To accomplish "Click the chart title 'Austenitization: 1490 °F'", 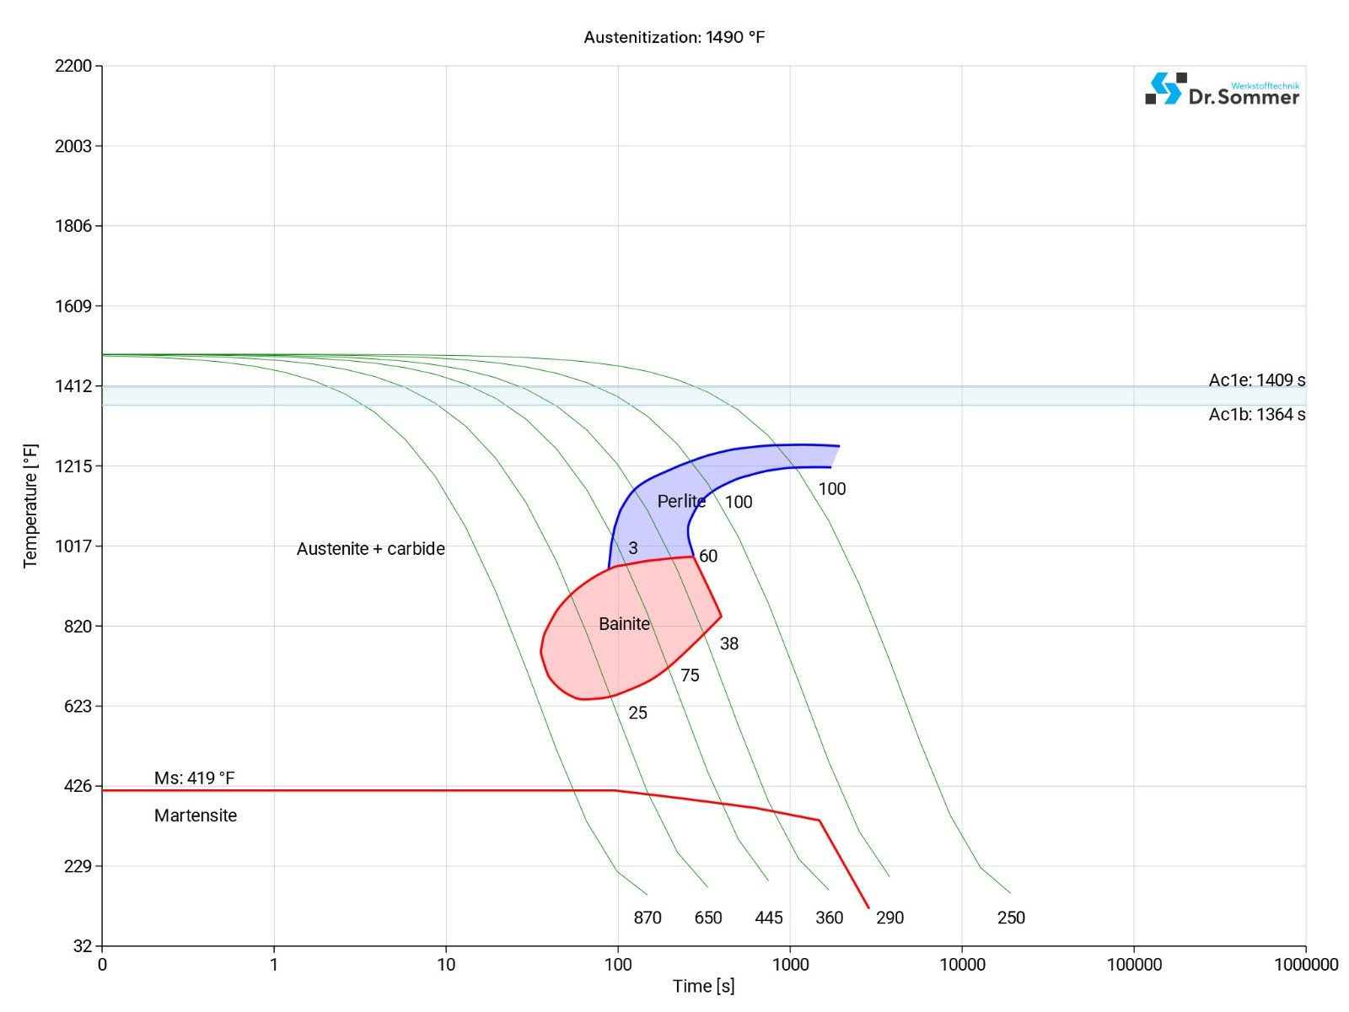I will tap(674, 37).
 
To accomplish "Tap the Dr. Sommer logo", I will tap(1222, 89).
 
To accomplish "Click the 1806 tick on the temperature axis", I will tap(73, 226).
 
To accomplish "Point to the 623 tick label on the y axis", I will tap(73, 706).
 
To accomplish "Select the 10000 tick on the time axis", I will tap(962, 965).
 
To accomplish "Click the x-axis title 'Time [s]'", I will tap(703, 986).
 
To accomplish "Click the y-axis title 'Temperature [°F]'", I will tap(31, 506).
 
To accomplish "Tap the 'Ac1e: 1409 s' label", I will tap(1256, 380).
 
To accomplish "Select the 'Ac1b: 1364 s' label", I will tap(1256, 414).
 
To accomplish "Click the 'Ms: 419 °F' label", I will tap(194, 778).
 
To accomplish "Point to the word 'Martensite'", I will tap(196, 816).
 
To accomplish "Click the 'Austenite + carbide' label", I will tap(370, 549).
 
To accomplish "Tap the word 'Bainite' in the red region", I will tap(624, 624).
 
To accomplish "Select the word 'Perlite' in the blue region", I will tap(681, 502).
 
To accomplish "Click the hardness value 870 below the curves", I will tap(648, 918).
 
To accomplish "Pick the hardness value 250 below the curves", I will tap(1011, 918).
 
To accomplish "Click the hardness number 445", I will tap(769, 918).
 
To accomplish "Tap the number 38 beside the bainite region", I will tap(729, 644).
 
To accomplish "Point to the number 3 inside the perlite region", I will tap(633, 548).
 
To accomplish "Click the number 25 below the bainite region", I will tap(638, 713).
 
